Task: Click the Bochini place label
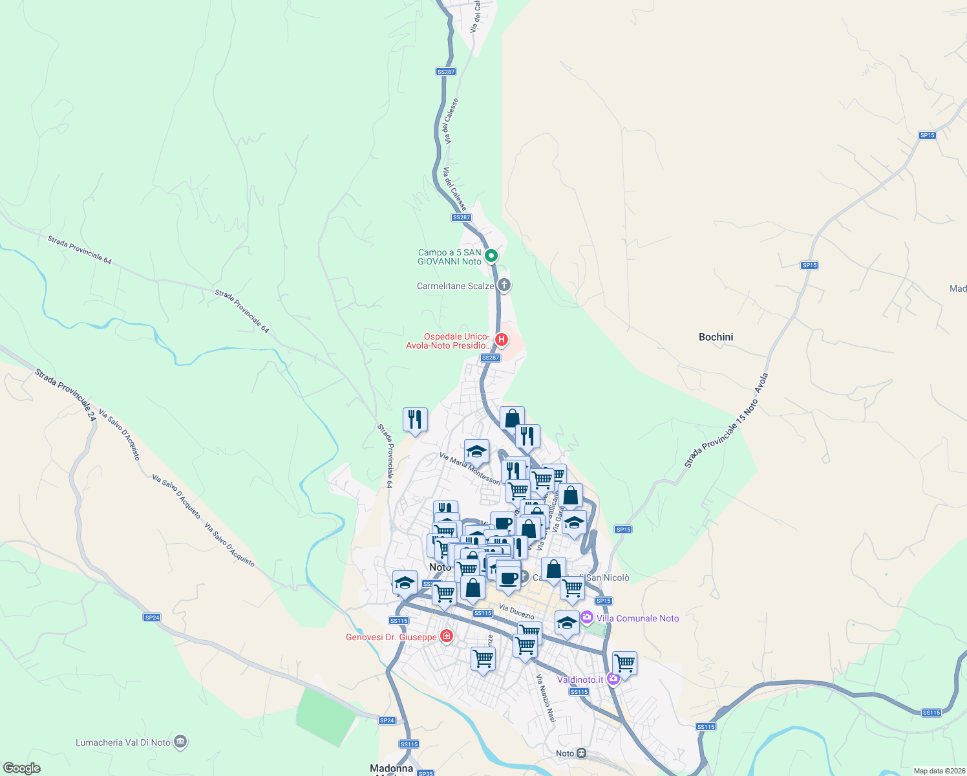(716, 337)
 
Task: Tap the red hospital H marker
(501, 339)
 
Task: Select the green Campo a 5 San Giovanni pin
(491, 256)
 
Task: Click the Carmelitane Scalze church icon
(504, 285)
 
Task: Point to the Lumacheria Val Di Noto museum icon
(180, 742)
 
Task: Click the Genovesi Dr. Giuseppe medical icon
(446, 637)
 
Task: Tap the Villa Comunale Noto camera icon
(587, 618)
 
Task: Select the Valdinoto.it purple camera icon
(613, 678)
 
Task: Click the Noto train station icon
(582, 753)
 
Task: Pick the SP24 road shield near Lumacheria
(387, 720)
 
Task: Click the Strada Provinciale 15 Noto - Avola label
(727, 421)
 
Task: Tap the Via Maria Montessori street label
(470, 468)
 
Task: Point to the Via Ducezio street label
(516, 612)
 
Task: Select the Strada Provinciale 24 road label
(65, 395)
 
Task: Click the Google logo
(21, 768)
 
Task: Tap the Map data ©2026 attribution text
(938, 771)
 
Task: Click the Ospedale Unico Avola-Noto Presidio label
(448, 341)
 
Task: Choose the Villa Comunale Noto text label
(637, 618)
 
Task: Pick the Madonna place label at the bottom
(391, 768)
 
